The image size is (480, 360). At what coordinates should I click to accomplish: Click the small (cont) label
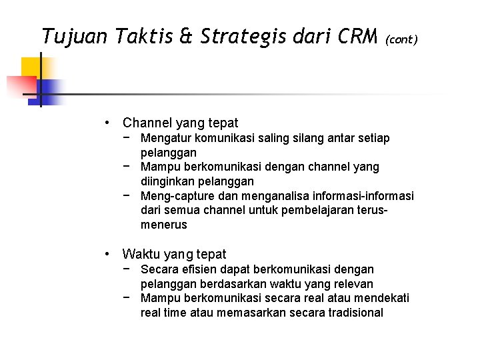[x=401, y=39]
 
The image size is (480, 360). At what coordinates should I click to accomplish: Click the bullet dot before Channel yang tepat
[x=107, y=123]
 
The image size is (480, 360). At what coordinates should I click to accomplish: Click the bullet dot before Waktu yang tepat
[x=107, y=254]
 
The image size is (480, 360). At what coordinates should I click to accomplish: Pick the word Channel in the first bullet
[x=147, y=123]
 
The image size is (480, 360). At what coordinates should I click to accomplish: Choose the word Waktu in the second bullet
[x=138, y=254]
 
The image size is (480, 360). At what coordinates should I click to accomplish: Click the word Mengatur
[x=165, y=138]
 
